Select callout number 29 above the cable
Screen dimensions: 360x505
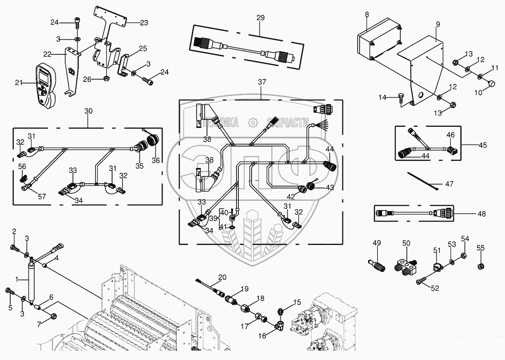click(x=260, y=18)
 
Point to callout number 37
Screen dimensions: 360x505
click(x=262, y=82)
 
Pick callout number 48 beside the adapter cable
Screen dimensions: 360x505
click(x=481, y=214)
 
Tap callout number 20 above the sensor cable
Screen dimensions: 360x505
click(x=222, y=277)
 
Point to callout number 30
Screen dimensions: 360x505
click(x=89, y=111)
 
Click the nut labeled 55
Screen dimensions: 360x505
click(x=480, y=267)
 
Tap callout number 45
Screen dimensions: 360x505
click(x=483, y=145)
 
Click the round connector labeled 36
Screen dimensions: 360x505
click(x=154, y=141)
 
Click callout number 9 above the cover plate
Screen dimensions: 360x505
click(x=438, y=25)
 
